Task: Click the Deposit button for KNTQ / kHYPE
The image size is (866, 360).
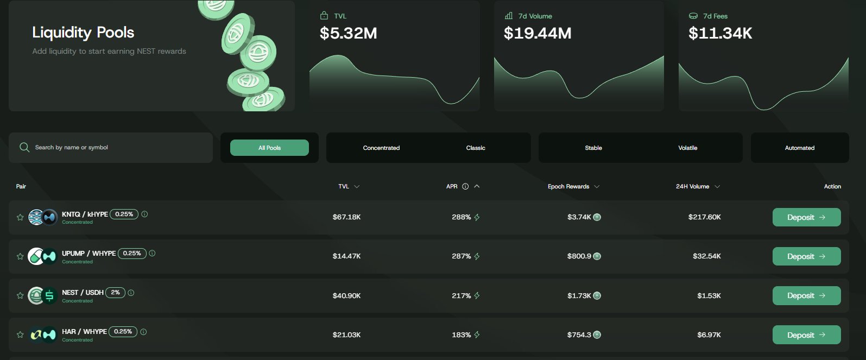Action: click(x=806, y=217)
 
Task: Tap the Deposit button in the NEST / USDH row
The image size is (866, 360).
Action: click(x=806, y=296)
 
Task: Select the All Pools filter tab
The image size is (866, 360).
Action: click(x=269, y=148)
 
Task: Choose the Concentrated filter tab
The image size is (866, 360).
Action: click(x=381, y=148)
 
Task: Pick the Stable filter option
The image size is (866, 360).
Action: click(x=593, y=148)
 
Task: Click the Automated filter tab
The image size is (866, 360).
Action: click(x=799, y=148)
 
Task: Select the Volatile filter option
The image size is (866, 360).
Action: click(x=687, y=148)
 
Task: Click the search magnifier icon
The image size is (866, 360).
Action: click(x=24, y=148)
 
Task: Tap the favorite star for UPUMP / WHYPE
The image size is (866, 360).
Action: click(x=20, y=256)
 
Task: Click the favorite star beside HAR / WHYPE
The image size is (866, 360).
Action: click(x=20, y=335)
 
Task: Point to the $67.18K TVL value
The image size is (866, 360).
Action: click(x=346, y=217)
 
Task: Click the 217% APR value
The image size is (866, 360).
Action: click(x=462, y=296)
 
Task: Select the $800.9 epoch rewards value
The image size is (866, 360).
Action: click(x=579, y=256)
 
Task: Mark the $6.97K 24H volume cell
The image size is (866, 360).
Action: click(x=709, y=335)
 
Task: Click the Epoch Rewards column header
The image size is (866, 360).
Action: click(x=568, y=187)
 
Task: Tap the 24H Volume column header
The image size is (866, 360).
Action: click(x=692, y=187)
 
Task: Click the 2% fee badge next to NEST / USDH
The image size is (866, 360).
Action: click(x=116, y=292)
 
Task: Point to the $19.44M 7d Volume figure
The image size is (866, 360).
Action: click(x=538, y=34)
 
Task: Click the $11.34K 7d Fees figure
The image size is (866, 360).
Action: click(x=720, y=34)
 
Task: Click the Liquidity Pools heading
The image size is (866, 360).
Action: click(x=83, y=33)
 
